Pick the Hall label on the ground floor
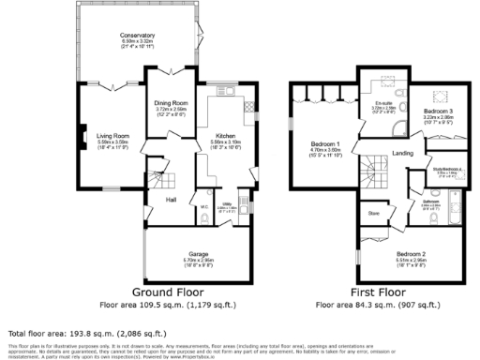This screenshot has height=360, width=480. click(171, 200)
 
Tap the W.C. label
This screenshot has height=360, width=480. click(203, 207)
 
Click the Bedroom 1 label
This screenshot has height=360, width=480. click(326, 143)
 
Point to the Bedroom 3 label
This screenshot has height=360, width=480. click(438, 112)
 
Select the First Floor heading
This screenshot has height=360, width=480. click(378, 292)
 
